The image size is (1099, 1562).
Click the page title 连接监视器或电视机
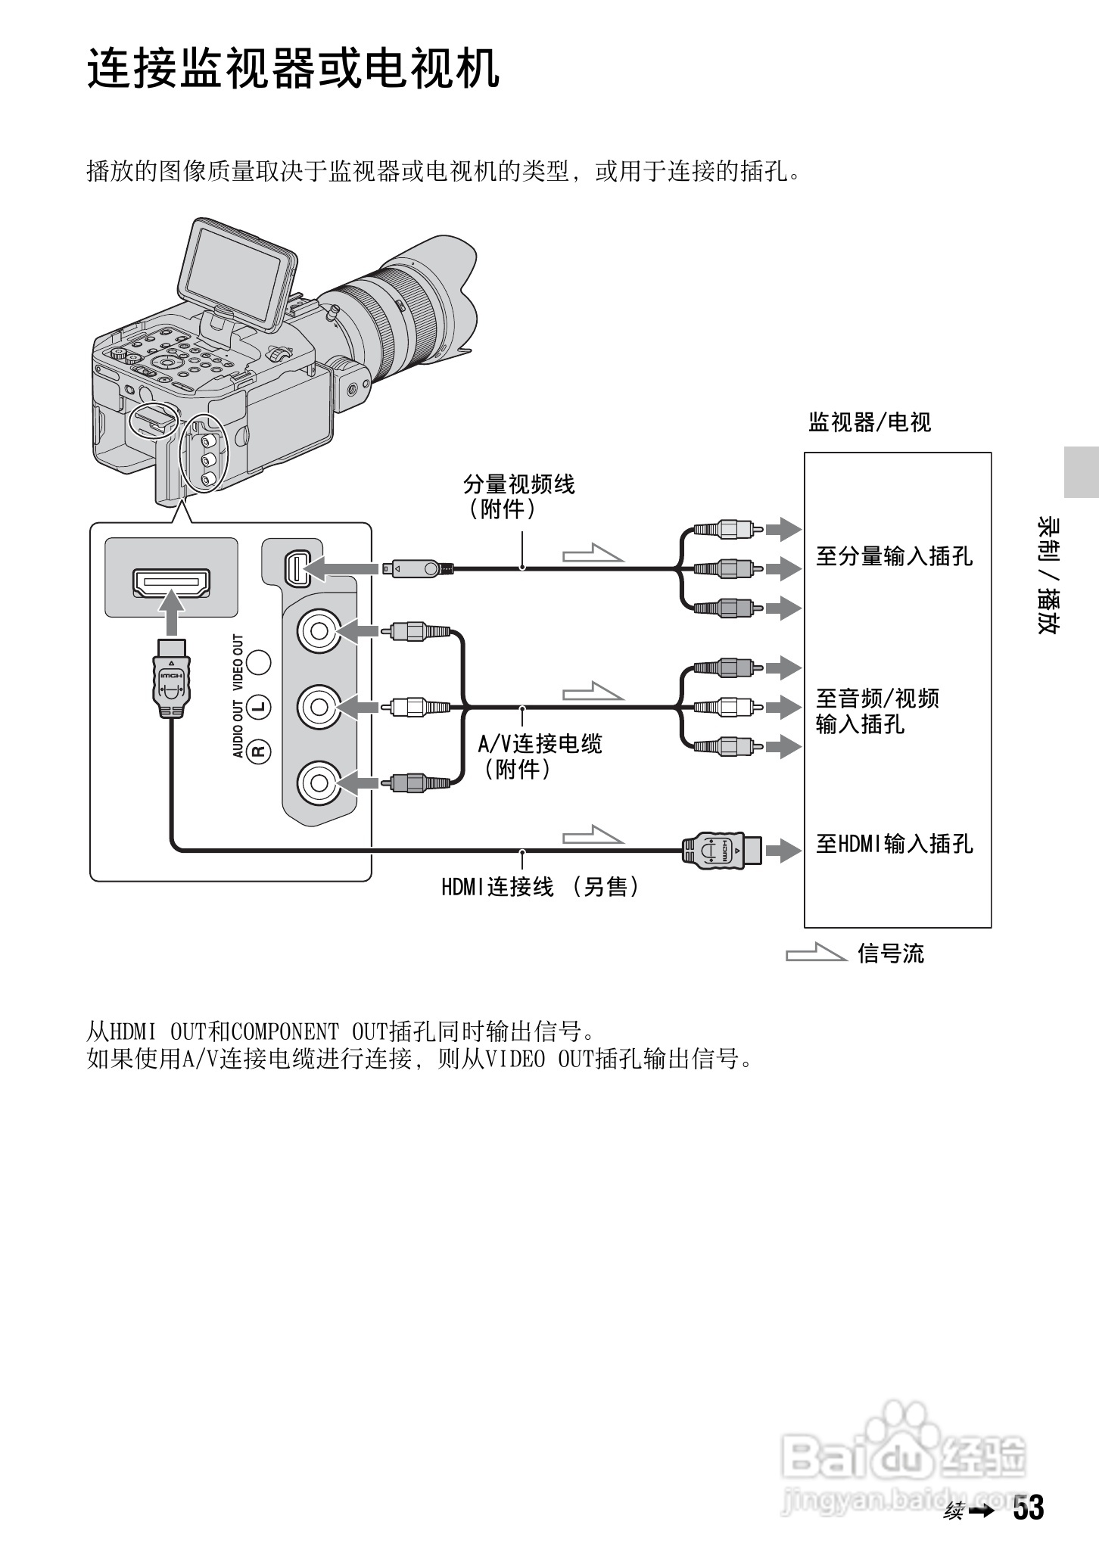pyautogui.click(x=293, y=70)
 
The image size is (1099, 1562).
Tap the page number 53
pyautogui.click(x=1029, y=1508)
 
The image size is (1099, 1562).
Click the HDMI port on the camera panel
pyautogui.click(x=171, y=583)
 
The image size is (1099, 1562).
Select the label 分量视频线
pyautogui.click(x=518, y=484)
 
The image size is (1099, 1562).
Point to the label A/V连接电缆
pyautogui.click(x=539, y=744)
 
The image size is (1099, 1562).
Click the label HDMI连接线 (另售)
pyautogui.click(x=540, y=886)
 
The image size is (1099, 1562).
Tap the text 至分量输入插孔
pyautogui.click(x=893, y=557)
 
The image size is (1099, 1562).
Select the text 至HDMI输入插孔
pyautogui.click(x=893, y=844)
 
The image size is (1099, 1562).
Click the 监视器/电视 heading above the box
pyautogui.click(x=869, y=422)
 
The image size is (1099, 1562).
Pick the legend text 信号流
pyautogui.click(x=890, y=954)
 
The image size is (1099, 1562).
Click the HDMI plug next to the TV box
pyautogui.click(x=721, y=850)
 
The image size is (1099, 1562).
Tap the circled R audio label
pyautogui.click(x=260, y=750)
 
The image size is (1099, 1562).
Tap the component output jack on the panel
pyautogui.click(x=296, y=568)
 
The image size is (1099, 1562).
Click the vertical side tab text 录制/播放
pyautogui.click(x=1048, y=576)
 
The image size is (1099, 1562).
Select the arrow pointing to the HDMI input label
pyautogui.click(x=783, y=850)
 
